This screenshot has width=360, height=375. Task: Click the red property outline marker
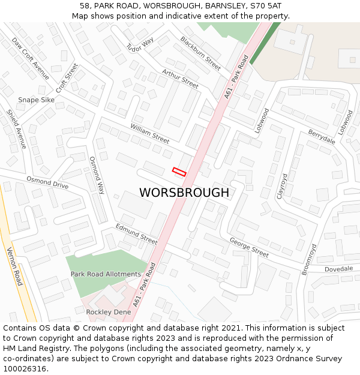tap(179, 172)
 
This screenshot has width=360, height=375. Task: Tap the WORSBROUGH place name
tap(184, 193)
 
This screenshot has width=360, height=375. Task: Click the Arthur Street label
tap(180, 79)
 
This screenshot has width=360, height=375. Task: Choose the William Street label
tap(150, 133)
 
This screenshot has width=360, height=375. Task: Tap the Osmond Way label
tap(97, 175)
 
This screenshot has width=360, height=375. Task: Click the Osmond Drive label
tap(47, 182)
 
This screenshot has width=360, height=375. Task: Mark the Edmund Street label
tap(136, 233)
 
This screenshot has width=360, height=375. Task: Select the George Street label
tap(249, 247)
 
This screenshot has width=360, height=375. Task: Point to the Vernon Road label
tap(14, 265)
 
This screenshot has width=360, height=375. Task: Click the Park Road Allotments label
tap(106, 274)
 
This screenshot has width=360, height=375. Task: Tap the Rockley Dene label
tap(108, 312)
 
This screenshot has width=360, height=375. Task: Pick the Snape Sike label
tap(36, 100)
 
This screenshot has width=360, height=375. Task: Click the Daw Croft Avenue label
tap(31, 58)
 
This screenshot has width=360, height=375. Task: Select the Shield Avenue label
tap(17, 129)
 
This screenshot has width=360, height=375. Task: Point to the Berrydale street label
tap(322, 136)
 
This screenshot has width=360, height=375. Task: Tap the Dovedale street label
tap(339, 269)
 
